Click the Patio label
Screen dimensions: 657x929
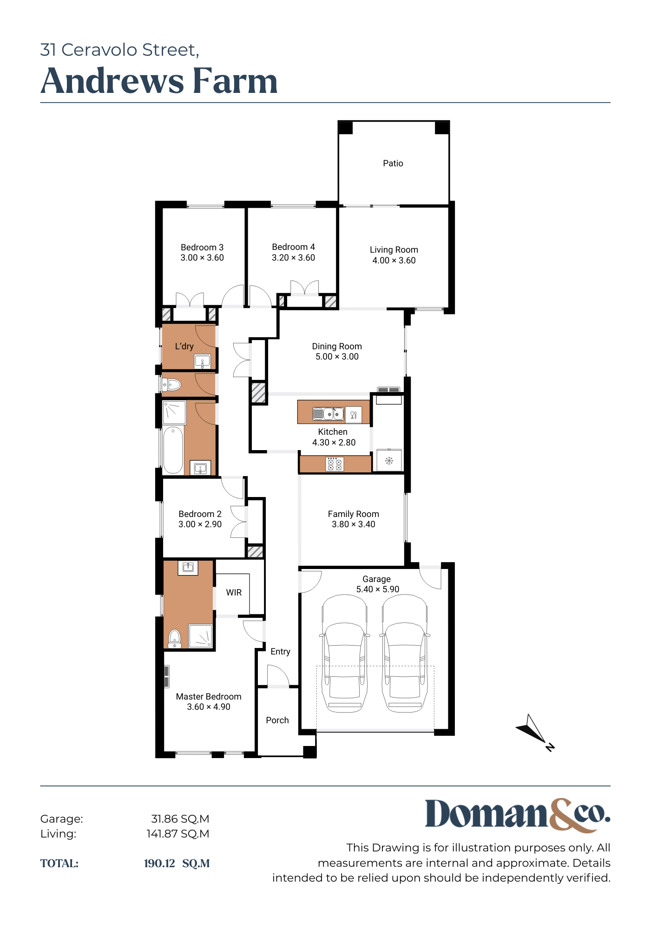tap(393, 163)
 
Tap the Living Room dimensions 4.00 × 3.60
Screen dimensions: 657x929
tap(394, 261)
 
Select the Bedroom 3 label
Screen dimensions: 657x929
tap(202, 247)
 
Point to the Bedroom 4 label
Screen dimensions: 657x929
tap(293, 247)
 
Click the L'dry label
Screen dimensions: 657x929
tap(184, 346)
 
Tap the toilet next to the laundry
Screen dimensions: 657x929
tap(171, 385)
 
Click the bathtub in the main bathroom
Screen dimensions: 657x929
tap(173, 450)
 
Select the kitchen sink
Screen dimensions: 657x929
tap(328, 413)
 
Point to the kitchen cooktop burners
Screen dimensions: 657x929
tap(334, 464)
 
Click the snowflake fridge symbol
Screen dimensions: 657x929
tap(389, 461)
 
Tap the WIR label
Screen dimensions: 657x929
tap(234, 592)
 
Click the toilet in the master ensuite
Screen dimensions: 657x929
tap(174, 638)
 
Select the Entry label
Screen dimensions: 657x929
tap(280, 652)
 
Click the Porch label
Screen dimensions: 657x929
tap(277, 720)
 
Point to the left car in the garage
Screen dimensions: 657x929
tap(344, 653)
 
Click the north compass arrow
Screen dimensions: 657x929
tap(533, 729)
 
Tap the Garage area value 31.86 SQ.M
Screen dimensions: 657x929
tap(180, 819)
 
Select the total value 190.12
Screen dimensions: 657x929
tap(159, 864)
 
